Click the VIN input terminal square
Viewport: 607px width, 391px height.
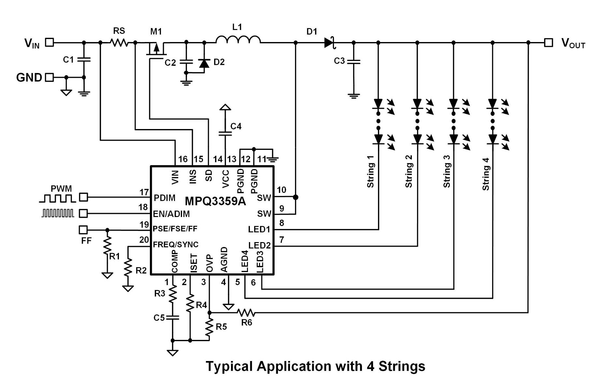[49, 42]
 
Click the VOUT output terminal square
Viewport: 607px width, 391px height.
[548, 43]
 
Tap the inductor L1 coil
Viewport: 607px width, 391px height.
[238, 40]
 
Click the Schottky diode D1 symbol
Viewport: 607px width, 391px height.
[329, 43]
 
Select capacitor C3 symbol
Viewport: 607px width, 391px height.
[354, 61]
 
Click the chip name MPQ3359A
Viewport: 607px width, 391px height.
[215, 201]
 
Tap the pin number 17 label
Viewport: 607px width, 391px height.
[144, 192]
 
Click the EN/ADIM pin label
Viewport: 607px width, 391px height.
[171, 214]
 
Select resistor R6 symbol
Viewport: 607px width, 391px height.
[246, 313]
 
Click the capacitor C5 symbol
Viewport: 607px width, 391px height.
[173, 317]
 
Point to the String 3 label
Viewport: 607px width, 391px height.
[446, 171]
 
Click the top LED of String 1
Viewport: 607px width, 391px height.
[378, 104]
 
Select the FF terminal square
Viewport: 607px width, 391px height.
[83, 230]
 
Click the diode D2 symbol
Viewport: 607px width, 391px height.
[204, 63]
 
